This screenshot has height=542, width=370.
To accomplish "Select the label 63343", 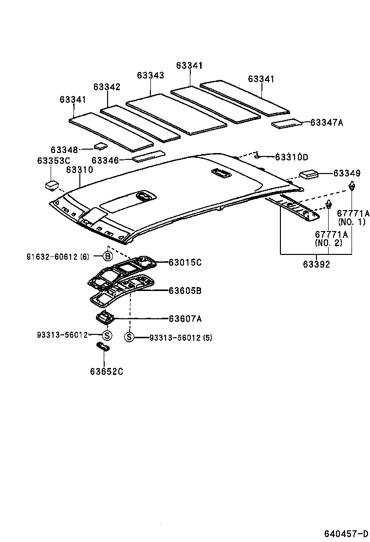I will [x=150, y=76].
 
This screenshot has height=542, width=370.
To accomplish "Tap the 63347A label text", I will [x=327, y=123].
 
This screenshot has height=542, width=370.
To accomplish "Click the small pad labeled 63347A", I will [x=288, y=124].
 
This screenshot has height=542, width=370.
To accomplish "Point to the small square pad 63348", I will [x=100, y=145].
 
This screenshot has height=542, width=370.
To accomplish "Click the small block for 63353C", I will [x=51, y=185].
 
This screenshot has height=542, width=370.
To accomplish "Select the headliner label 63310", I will [x=79, y=170].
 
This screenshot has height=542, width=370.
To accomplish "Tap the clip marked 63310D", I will [x=258, y=156].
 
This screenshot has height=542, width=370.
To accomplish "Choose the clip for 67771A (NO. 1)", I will [x=351, y=186].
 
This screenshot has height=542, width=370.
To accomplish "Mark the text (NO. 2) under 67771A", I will [x=328, y=243].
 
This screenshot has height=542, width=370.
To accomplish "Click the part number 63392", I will [x=316, y=265].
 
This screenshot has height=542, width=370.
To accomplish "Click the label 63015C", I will [x=185, y=263].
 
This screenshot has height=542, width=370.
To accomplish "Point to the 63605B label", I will [x=185, y=291].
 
